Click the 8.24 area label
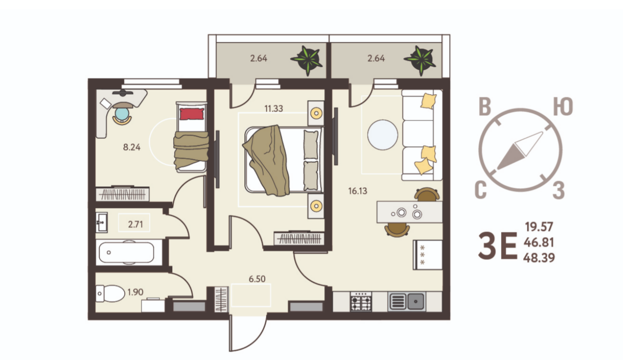(132, 147)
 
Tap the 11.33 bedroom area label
(274, 108)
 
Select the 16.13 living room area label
(357, 191)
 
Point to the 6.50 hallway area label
(257, 279)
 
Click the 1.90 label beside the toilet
(135, 292)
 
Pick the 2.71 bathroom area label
(135, 224)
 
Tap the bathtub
(127, 252)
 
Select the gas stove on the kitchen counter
(361, 301)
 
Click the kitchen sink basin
(416, 301)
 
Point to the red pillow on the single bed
(192, 114)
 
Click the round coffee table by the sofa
(382, 135)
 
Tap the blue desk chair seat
(122, 114)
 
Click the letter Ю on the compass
(563, 107)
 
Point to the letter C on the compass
(481, 190)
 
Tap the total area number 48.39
(539, 258)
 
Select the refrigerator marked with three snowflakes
(428, 255)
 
